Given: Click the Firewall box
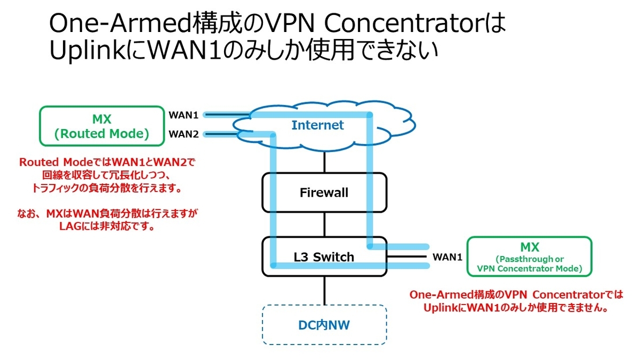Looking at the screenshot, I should point(324,192).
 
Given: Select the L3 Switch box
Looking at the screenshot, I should point(324,257).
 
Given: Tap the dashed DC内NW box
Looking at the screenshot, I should point(324,324).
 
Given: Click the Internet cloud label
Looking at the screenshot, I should point(317,125).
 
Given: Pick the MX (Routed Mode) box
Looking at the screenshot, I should point(101,126).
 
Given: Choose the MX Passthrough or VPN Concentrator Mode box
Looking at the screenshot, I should point(529,257).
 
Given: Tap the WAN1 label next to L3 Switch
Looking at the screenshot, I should point(447,257).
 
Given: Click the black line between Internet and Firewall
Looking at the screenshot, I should point(324,163).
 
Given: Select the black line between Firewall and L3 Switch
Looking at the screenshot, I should point(324,224).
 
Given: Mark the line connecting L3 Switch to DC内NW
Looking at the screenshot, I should point(324,291).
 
